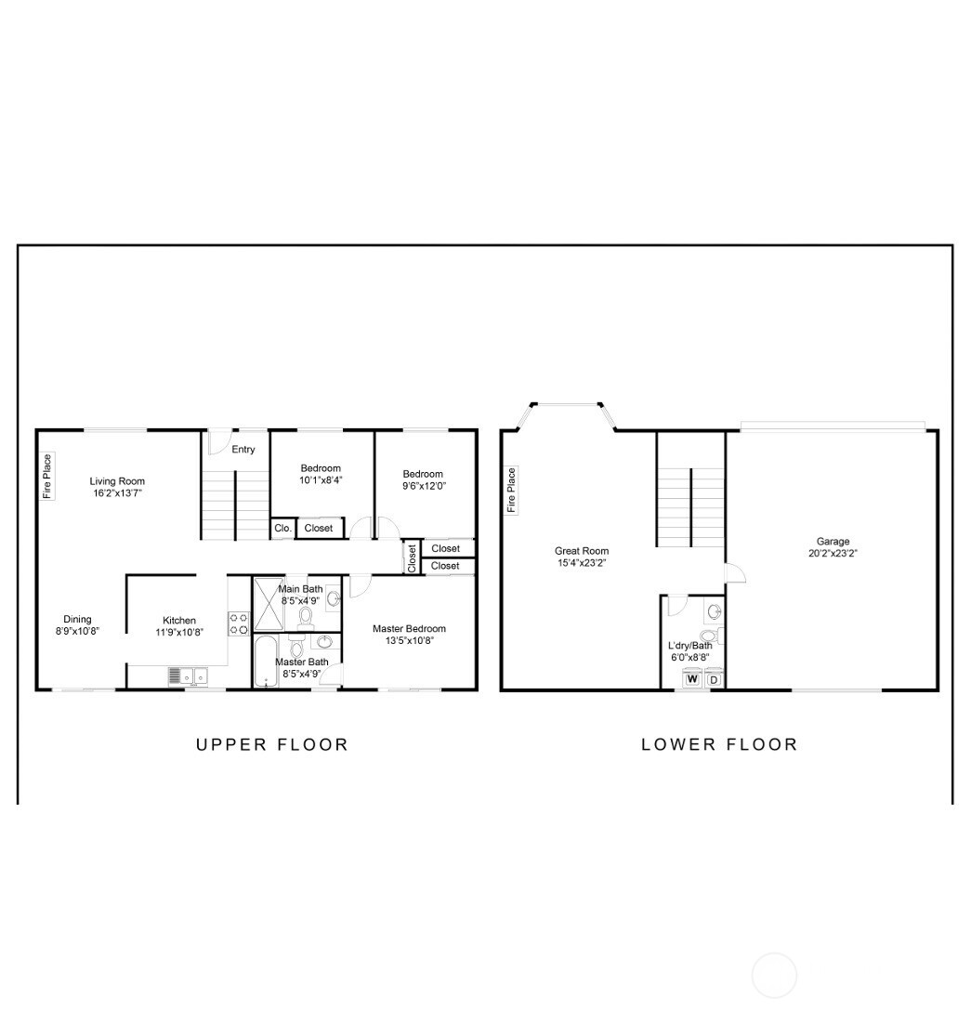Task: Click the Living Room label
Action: click(117, 481)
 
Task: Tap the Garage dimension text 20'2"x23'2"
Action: click(833, 553)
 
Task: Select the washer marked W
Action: click(692, 679)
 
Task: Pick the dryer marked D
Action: click(714, 679)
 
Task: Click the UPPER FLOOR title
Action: click(272, 744)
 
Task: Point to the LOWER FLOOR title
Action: click(720, 744)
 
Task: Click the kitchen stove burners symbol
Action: click(239, 623)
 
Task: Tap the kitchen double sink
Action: click(194, 676)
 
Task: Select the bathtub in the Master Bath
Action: click(265, 662)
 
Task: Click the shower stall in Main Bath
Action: click(268, 604)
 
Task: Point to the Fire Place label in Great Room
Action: click(512, 491)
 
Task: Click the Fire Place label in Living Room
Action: click(47, 476)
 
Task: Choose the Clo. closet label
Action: click(282, 528)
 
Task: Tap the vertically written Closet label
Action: click(412, 558)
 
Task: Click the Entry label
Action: click(243, 450)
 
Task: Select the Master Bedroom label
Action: click(409, 629)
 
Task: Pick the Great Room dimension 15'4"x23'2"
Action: click(582, 562)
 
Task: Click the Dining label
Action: click(77, 620)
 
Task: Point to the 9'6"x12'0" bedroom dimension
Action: click(424, 486)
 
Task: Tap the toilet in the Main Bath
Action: click(305, 619)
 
